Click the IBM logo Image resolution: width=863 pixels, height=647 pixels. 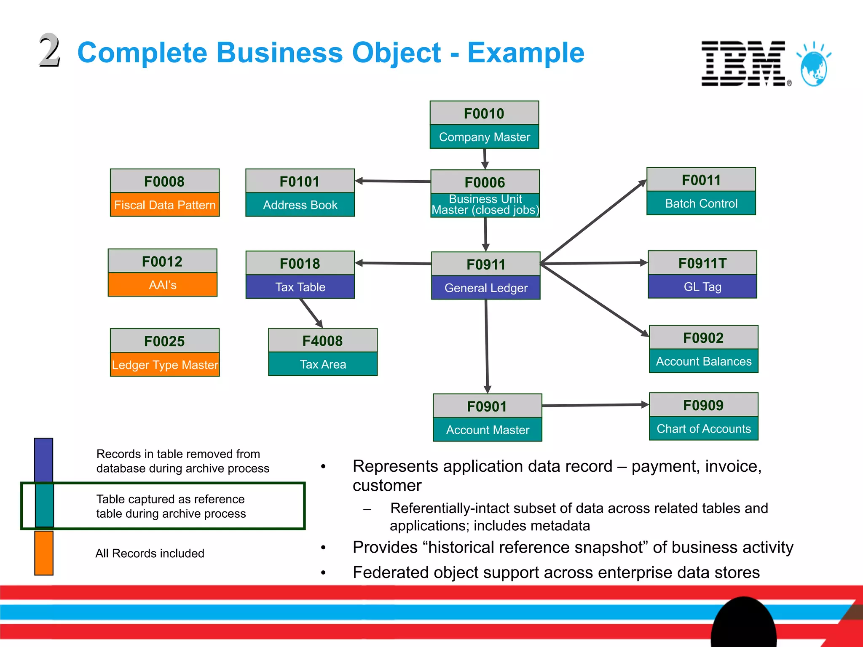click(x=744, y=64)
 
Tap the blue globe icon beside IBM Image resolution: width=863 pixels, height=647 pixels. click(x=814, y=67)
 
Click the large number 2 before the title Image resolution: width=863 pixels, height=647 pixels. click(x=50, y=51)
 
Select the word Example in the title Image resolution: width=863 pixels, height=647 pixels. click(x=525, y=53)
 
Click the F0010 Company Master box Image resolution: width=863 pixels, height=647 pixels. click(x=484, y=125)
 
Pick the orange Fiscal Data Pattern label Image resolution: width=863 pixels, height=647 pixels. click(x=165, y=205)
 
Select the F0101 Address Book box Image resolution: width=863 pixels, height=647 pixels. click(x=300, y=193)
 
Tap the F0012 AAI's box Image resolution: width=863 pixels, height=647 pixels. click(x=163, y=273)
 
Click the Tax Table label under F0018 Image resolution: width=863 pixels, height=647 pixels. click(x=300, y=287)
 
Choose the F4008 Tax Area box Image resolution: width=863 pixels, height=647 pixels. click(x=323, y=352)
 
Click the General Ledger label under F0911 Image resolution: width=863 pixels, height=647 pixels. click(x=486, y=288)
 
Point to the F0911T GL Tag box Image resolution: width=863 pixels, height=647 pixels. click(x=702, y=275)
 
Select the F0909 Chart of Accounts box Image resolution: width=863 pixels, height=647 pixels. click(x=704, y=417)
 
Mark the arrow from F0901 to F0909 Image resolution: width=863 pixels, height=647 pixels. click(x=595, y=405)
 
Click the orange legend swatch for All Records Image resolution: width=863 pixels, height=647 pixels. click(x=44, y=553)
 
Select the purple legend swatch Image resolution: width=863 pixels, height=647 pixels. click(x=43, y=460)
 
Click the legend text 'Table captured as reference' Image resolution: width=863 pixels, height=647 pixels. click(x=170, y=499)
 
